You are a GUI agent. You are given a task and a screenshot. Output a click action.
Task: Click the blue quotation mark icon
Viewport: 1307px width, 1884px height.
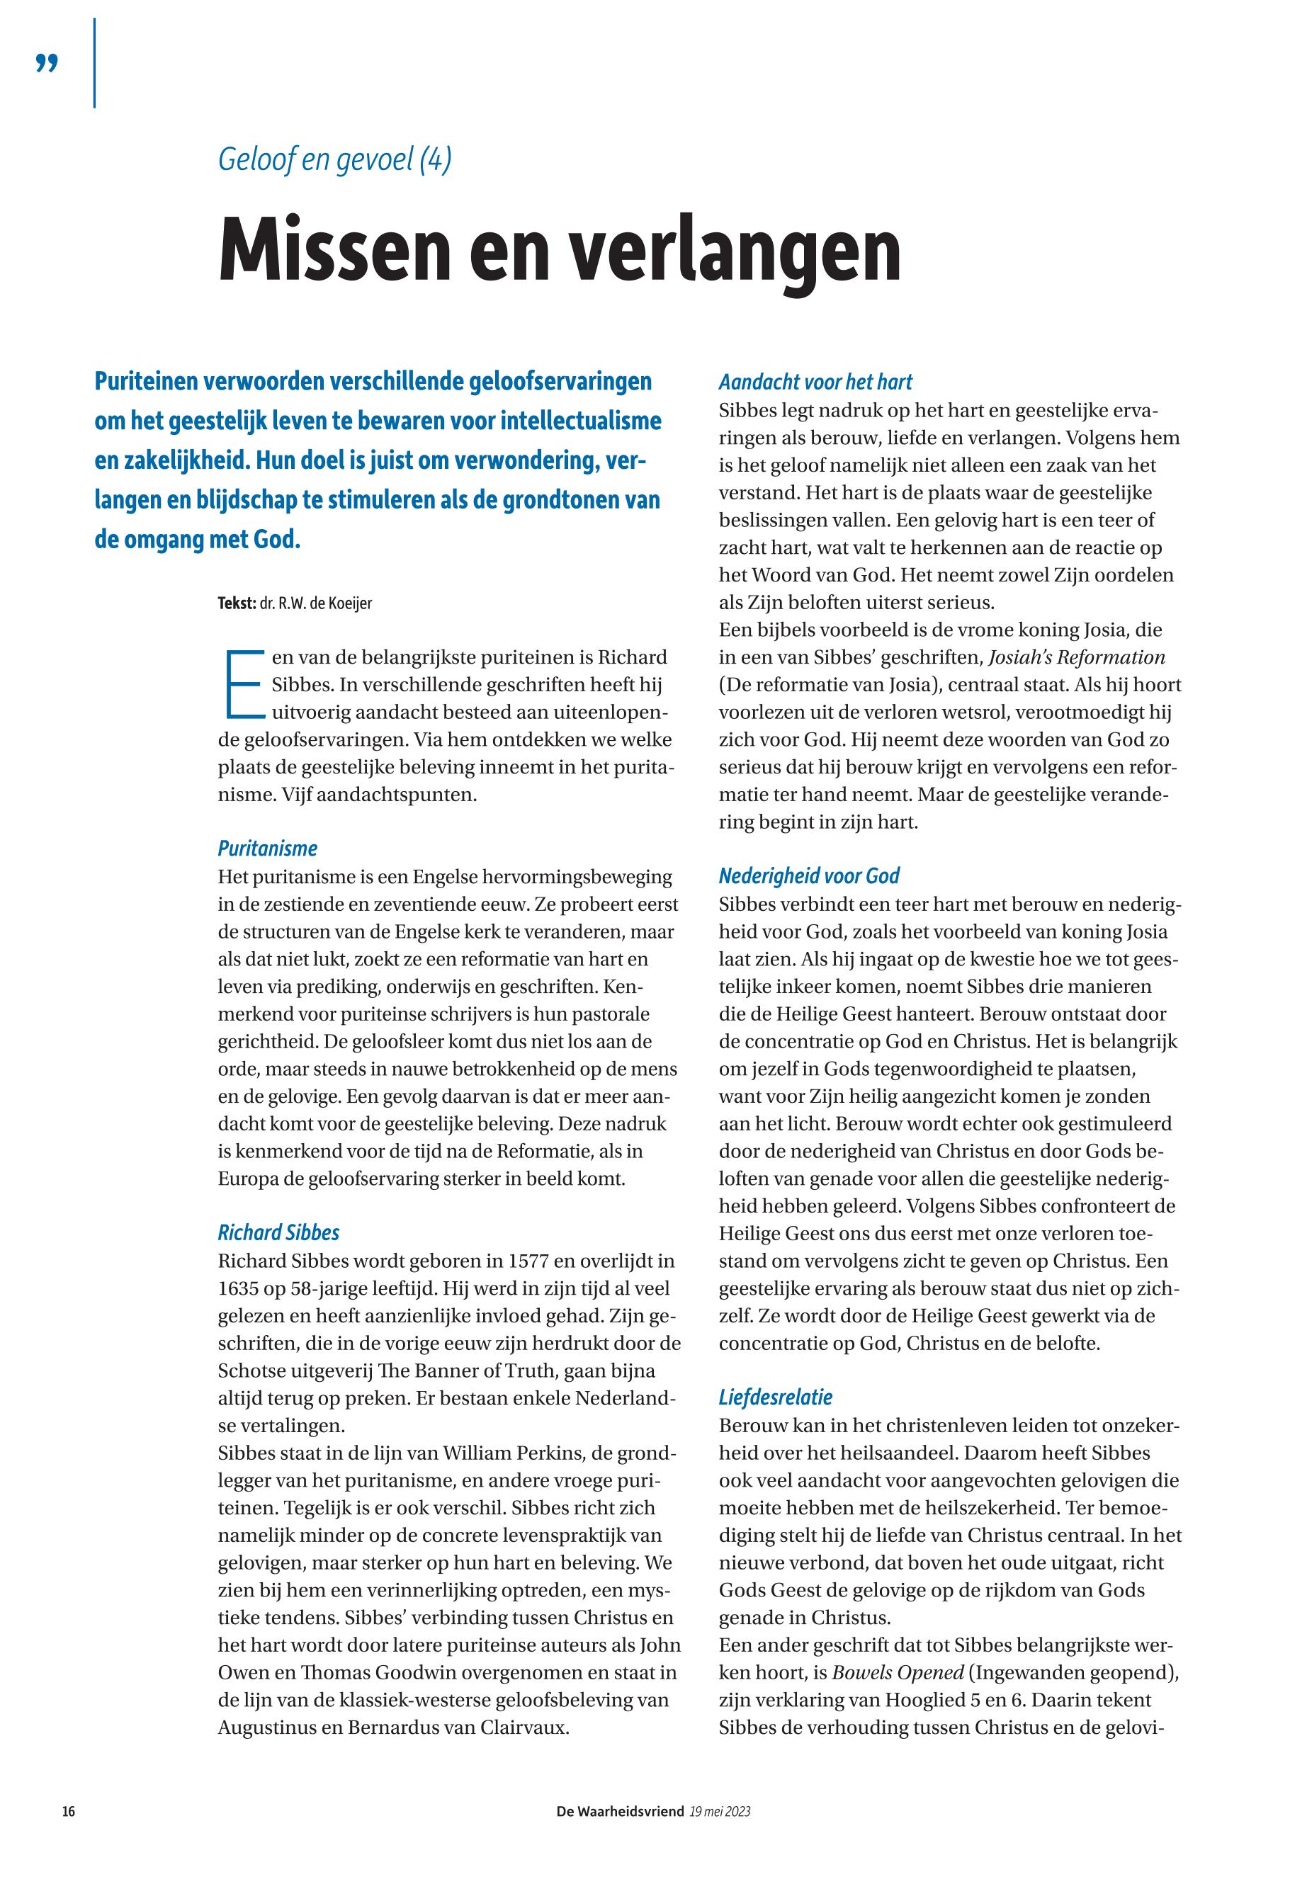pos(47,64)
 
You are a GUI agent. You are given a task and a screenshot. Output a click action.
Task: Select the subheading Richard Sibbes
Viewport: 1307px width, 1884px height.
pos(278,1232)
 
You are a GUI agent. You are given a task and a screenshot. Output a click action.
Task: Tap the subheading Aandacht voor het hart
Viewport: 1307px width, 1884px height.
pos(815,382)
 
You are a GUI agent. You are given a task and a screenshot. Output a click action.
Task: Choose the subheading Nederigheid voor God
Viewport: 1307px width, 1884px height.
pos(808,876)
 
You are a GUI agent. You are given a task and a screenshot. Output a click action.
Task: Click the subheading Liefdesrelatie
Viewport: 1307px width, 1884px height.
pos(775,1397)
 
